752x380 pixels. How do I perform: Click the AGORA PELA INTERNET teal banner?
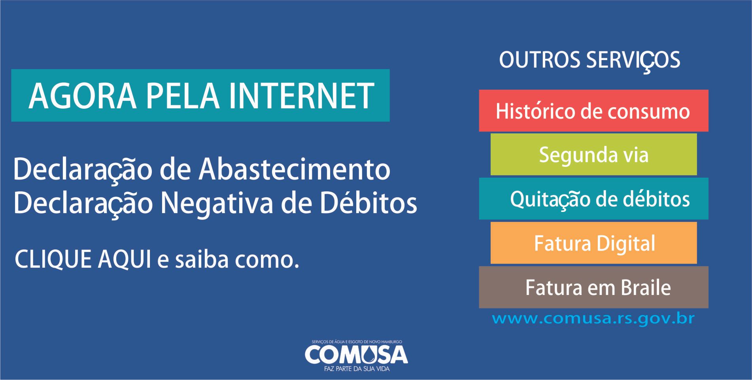pos(200,95)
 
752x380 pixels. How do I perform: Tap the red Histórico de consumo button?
pos(593,111)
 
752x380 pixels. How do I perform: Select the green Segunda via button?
pos(593,154)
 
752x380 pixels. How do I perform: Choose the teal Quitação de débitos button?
pos(593,199)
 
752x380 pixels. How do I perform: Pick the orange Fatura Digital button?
pos(593,243)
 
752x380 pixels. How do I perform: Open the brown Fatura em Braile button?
pos(593,287)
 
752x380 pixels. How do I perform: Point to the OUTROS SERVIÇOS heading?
pos(590,60)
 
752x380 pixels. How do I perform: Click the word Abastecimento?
pos(295,169)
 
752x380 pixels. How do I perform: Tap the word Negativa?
pos(217,204)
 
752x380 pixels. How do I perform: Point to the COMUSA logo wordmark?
pos(356,354)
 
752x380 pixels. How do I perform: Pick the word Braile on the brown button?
pos(646,287)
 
